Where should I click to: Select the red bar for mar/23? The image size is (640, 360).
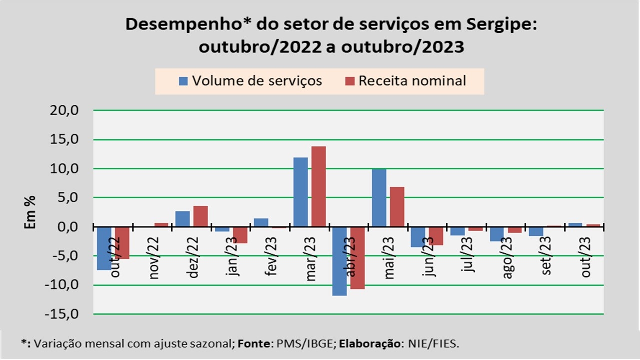pos(318,187)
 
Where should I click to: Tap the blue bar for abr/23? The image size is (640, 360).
pos(340,261)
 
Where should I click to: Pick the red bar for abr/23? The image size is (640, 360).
pos(357,258)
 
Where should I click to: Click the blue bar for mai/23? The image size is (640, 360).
pos(379,198)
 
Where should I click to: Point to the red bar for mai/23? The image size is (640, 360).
pos(397,207)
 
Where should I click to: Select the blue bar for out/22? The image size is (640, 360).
pos(104,248)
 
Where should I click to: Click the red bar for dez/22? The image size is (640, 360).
pos(200,216)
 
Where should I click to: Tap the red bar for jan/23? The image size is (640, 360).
pos(240,235)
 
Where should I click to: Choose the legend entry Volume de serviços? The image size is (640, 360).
pos(251,81)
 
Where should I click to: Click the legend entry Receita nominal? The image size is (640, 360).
pos(406,81)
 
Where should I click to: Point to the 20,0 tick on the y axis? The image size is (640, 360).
pos(65,111)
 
